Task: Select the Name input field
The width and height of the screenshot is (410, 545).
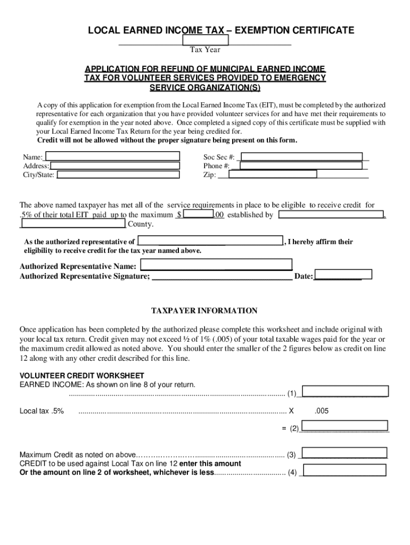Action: click(112, 156)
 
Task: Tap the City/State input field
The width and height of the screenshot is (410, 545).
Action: click(117, 174)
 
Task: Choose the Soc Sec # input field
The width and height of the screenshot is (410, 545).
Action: click(301, 156)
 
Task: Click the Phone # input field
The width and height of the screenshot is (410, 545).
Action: click(304, 166)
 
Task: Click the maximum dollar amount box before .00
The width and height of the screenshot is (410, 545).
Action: click(198, 214)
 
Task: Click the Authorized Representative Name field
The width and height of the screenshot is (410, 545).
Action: click(216, 265)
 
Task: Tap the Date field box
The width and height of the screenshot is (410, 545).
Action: click(343, 275)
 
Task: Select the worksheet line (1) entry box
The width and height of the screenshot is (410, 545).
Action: click(344, 392)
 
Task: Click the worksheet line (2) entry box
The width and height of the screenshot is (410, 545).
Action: click(344, 426)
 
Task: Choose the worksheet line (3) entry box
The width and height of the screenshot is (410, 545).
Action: click(344, 453)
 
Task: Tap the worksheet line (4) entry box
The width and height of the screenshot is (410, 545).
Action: click(344, 470)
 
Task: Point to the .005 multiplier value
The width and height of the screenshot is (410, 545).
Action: click(322, 411)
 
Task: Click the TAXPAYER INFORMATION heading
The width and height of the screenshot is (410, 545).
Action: click(204, 311)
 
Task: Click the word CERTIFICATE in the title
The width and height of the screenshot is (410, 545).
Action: click(319, 30)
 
